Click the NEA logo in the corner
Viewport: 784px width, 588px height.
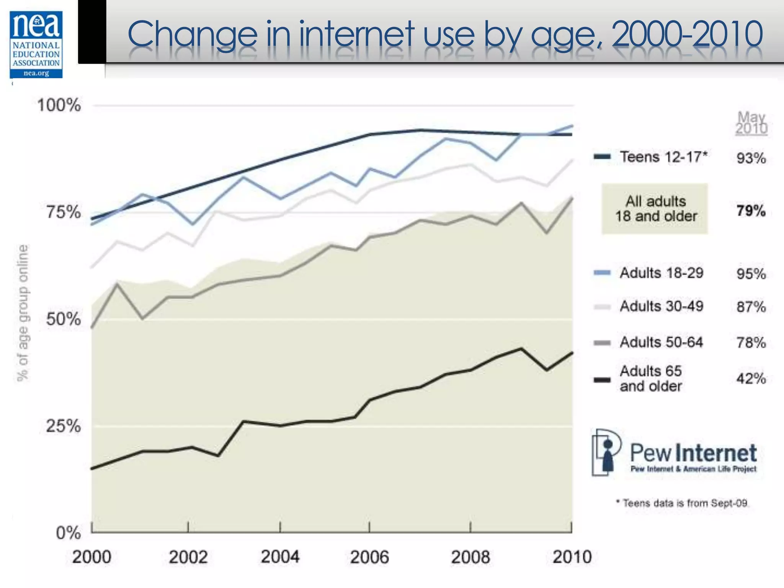pos(36,44)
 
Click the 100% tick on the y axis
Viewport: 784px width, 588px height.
pos(59,105)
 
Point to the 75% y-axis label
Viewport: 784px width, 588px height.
pos(64,212)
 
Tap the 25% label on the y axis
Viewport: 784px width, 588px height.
pos(64,425)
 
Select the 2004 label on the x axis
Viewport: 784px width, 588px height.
pos(280,557)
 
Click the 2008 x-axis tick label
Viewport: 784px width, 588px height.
pos(470,557)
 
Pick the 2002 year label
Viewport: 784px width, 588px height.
pos(188,557)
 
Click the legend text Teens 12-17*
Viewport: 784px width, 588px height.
pos(664,157)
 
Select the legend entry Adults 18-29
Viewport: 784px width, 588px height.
pos(661,273)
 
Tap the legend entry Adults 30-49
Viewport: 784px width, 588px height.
pos(661,306)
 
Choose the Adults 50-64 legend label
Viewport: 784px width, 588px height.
pos(661,342)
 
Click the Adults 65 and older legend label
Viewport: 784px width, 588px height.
pos(651,378)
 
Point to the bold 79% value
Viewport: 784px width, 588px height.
pos(751,211)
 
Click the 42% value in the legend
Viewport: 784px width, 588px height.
pos(751,379)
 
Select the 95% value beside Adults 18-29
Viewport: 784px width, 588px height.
pos(751,274)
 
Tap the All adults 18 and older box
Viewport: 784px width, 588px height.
pos(655,209)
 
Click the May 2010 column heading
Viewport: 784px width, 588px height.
pos(751,123)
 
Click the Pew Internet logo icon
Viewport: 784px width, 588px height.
pos(606,452)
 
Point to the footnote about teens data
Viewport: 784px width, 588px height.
pos(682,503)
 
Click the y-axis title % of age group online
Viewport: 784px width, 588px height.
pos(23,313)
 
